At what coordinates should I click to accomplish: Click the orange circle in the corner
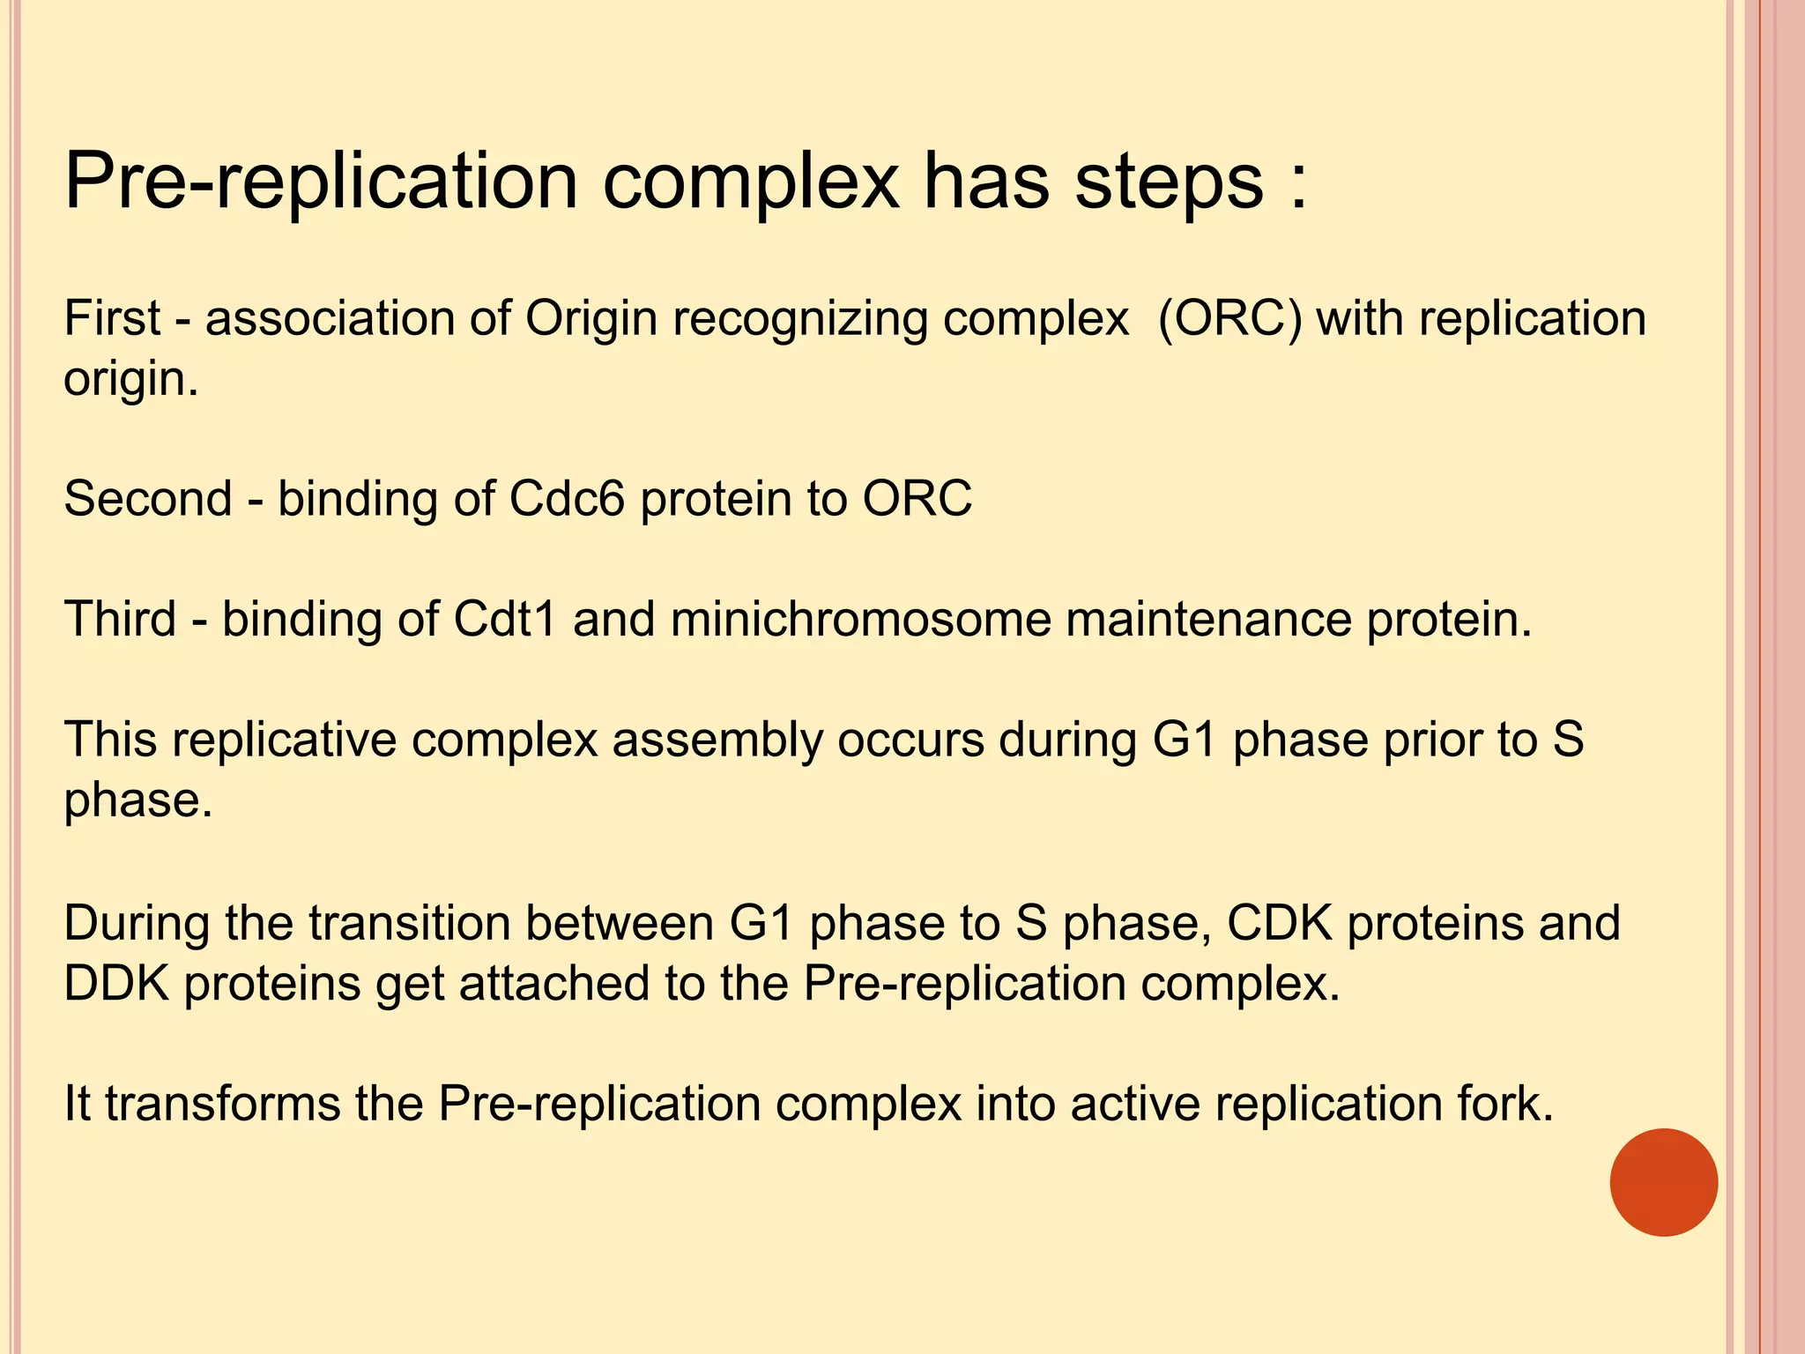click(1663, 1182)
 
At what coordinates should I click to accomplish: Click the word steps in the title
click(1169, 182)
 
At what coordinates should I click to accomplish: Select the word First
click(112, 318)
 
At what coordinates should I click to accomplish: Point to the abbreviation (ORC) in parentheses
click(1229, 318)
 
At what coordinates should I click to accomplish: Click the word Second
click(147, 499)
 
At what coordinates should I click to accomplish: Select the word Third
click(120, 619)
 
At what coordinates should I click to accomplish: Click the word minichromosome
click(860, 619)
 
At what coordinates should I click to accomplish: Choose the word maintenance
click(1208, 619)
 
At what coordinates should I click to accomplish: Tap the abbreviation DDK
click(116, 984)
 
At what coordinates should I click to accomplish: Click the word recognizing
click(800, 320)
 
